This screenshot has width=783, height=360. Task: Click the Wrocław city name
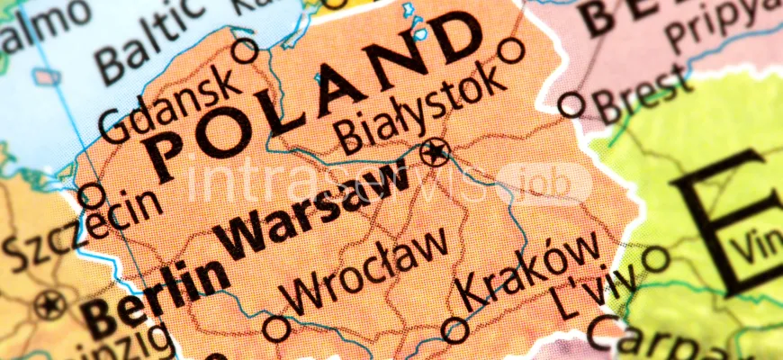[x=364, y=270]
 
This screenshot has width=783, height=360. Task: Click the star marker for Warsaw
[x=436, y=153]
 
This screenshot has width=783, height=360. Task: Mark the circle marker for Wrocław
[x=276, y=328]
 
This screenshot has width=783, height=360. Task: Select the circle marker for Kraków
[x=455, y=330]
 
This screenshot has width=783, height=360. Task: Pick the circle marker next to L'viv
[x=656, y=261]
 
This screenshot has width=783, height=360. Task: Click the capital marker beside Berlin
[x=50, y=305]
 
